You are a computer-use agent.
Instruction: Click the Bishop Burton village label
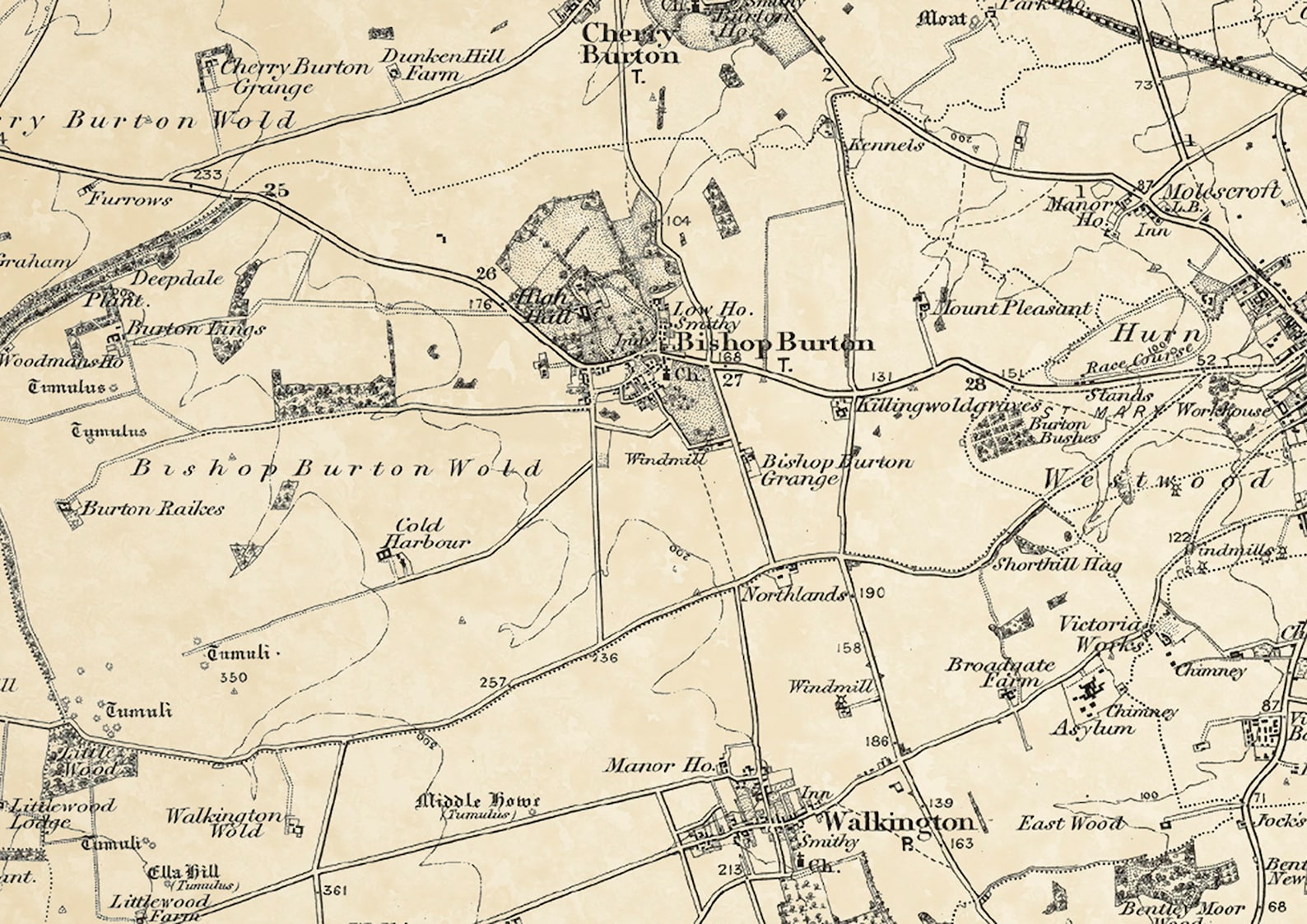[x=774, y=342]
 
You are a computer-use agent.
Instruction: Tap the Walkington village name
[x=898, y=821]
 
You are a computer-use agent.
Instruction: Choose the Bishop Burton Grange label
[x=835, y=469]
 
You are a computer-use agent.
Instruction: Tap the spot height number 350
[x=234, y=677]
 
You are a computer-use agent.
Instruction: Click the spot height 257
[x=492, y=682]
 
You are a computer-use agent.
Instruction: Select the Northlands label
[x=794, y=594]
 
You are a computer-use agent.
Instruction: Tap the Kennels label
[x=886, y=146]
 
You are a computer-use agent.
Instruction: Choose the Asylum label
[x=1093, y=728]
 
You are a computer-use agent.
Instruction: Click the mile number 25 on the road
[x=277, y=191]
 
